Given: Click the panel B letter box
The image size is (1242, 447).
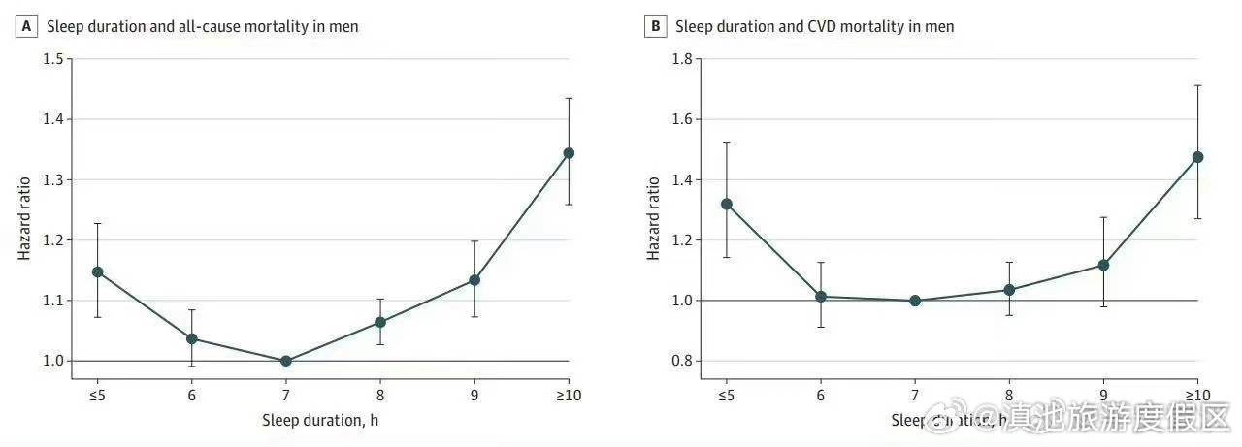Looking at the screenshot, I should coord(656,27).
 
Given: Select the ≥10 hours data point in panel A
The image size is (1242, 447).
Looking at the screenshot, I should coord(569,153).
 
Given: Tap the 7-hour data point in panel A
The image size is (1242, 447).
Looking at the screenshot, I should coord(285,361).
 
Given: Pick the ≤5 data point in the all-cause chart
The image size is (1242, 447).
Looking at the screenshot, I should coord(97,271).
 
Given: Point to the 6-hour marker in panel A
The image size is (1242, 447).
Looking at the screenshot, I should coord(191,338).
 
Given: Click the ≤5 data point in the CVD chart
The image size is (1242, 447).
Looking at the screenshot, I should coord(725,204).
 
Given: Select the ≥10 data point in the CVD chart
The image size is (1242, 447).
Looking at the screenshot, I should coord(1197,157).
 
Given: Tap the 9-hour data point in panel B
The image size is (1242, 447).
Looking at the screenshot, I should coord(1103,265).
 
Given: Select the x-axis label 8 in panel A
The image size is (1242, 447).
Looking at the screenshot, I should coord(379,395).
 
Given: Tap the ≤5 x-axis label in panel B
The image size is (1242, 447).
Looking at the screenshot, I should coord(725,395).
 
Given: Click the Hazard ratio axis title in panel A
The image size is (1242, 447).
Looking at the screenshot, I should coord(24,216).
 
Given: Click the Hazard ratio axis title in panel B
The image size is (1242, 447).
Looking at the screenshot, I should coord(653,216).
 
